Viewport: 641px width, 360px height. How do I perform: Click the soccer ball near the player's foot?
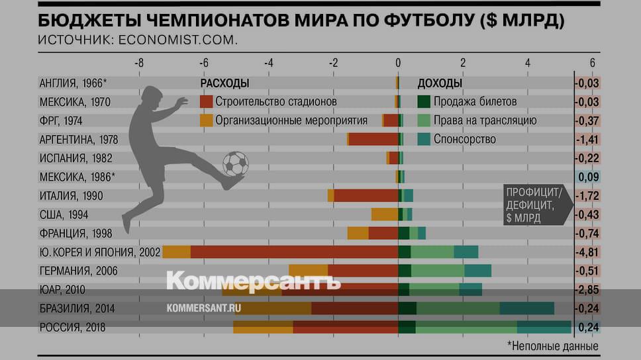pos(236,163)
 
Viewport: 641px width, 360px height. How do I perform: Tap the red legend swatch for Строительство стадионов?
pos(206,102)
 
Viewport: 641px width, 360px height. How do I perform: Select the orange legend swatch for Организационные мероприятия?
pos(206,120)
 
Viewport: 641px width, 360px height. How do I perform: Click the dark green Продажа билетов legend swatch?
pos(424,102)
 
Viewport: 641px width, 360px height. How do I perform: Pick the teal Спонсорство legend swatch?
pos(424,139)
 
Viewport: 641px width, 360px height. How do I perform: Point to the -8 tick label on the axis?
pos(138,63)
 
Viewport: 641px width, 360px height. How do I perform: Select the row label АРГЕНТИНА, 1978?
pos(79,139)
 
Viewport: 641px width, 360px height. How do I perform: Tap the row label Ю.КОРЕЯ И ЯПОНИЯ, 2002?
pos(99,252)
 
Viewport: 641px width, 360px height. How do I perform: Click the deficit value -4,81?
pos(587,252)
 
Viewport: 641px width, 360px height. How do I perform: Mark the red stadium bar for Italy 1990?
pos(366,195)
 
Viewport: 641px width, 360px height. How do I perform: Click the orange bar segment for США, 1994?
pos(384,214)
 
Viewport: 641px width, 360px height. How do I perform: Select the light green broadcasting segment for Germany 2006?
pos(438,270)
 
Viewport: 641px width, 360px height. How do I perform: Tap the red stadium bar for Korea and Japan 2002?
pos(294,252)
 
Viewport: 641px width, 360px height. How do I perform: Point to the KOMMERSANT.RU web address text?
pos(203,308)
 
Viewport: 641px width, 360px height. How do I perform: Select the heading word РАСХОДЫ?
pos(224,83)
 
